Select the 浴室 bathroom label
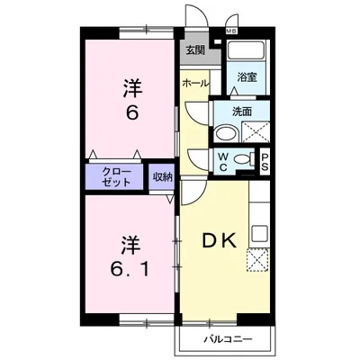tap(246, 77)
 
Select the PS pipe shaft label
tap(266, 161)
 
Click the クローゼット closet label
tap(116, 175)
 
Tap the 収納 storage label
tap(162, 175)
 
